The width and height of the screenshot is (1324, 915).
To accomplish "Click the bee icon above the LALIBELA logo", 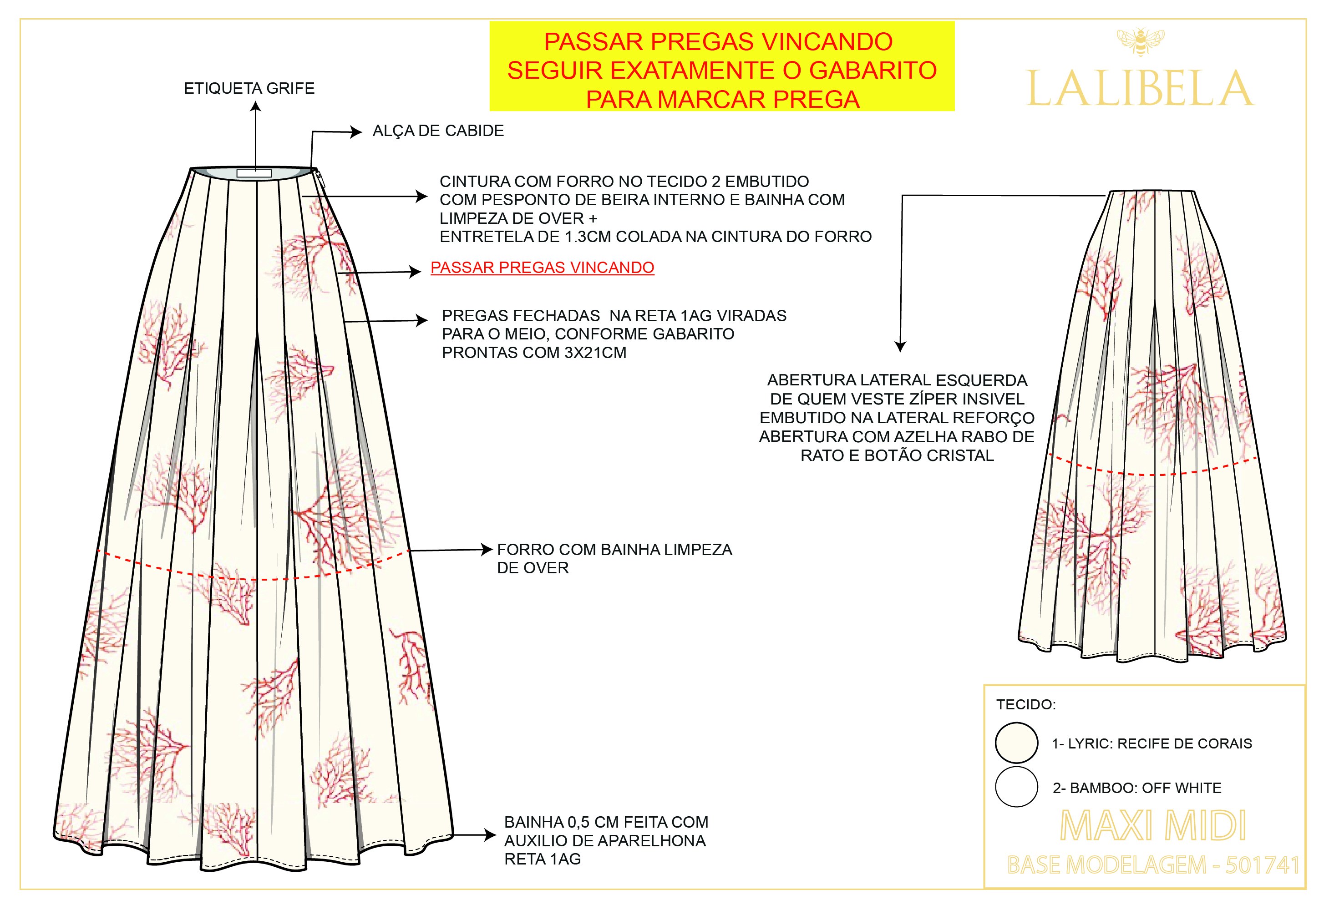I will click(x=1140, y=42).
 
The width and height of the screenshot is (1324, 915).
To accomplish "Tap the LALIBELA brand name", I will click(x=1140, y=90).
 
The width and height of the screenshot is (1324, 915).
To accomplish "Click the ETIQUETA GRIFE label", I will click(x=249, y=88).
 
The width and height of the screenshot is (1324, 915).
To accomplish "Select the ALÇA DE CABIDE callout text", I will click(x=438, y=131).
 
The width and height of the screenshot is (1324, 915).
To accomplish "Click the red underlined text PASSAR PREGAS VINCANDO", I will click(x=542, y=268).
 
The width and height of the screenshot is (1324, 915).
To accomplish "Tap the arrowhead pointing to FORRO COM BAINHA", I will click(x=487, y=550).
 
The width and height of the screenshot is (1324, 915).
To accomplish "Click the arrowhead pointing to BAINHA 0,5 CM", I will click(x=490, y=835).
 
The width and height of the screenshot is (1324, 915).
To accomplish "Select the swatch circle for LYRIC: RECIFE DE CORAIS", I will click(x=1016, y=743).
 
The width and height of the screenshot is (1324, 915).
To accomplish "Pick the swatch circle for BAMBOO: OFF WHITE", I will click(x=1016, y=787).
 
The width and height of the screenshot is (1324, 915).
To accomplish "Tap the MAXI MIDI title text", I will click(x=1152, y=826).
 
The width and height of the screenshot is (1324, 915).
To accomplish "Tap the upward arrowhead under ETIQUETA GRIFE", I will click(x=256, y=106).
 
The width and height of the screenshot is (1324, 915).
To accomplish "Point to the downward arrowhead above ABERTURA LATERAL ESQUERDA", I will click(x=900, y=347).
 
